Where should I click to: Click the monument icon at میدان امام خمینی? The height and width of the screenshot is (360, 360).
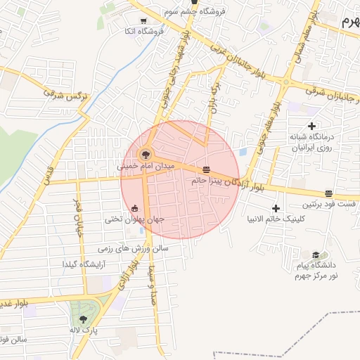tap(145, 154)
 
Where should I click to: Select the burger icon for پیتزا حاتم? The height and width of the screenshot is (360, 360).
tap(206, 169)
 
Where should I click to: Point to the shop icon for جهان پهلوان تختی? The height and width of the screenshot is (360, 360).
tap(135, 208)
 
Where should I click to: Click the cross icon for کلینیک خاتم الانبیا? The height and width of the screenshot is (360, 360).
tap(276, 208)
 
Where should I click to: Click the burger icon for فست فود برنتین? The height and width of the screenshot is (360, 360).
tap(328, 193)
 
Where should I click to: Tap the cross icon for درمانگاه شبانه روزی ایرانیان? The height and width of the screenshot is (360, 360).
tap(311, 125)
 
